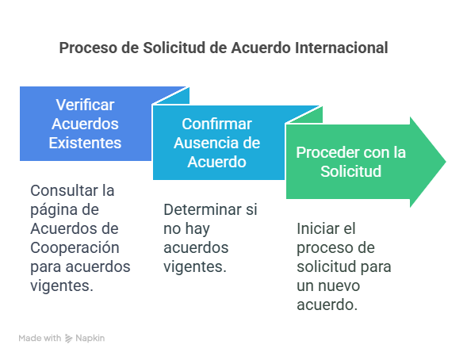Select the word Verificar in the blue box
[85, 105]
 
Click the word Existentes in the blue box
[85, 143]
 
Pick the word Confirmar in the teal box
[216, 124]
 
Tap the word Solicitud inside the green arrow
[351, 171]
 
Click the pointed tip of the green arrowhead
[446, 162]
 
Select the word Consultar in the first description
[64, 190]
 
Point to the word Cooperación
[75, 248]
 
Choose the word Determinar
[202, 209]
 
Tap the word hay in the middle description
[197, 229]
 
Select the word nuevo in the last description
[339, 285]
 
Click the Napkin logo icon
[68, 339]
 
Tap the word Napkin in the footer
[90, 339]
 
